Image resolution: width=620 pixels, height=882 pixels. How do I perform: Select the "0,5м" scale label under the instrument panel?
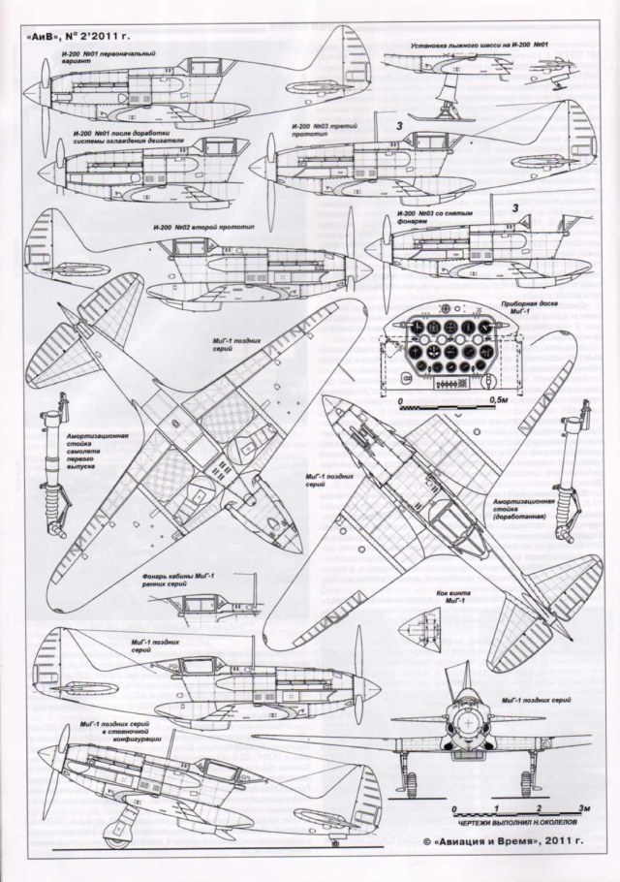[500, 399]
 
